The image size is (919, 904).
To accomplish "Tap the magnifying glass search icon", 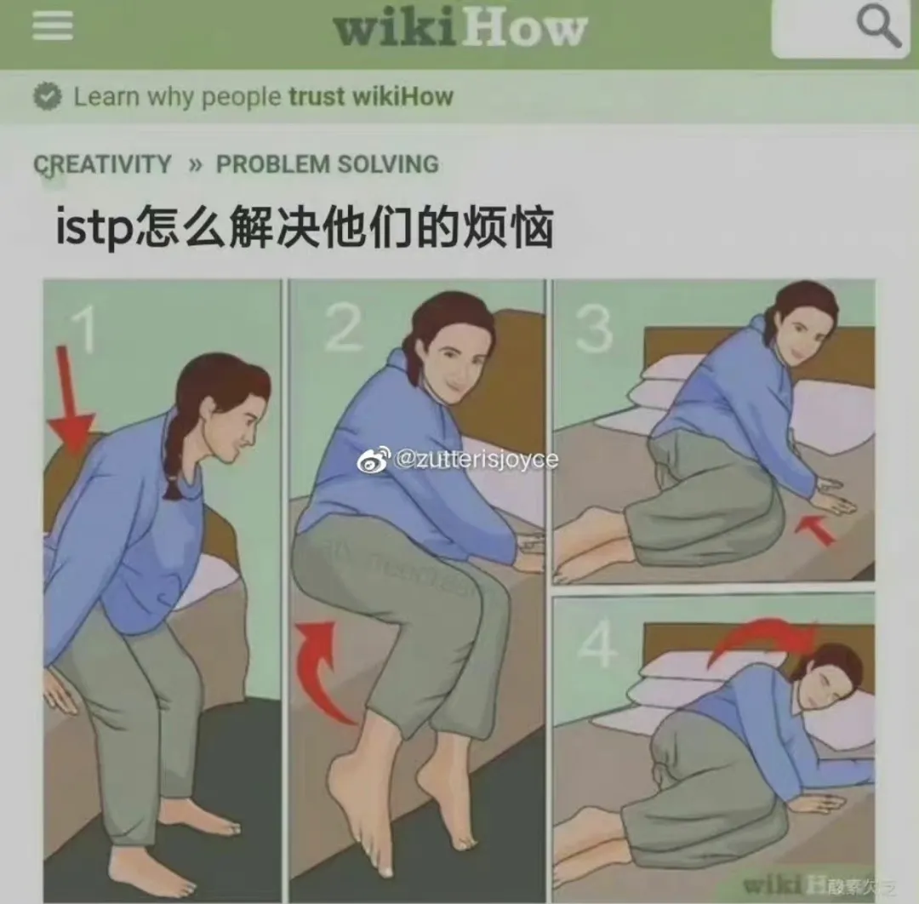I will click(877, 27).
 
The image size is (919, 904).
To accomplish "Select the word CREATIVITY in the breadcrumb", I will click(103, 164).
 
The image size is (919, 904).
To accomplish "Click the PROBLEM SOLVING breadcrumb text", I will click(327, 164).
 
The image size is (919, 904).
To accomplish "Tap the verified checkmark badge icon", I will click(47, 97).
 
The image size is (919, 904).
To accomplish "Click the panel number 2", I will click(343, 328).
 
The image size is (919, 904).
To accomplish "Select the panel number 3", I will click(593, 328).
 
